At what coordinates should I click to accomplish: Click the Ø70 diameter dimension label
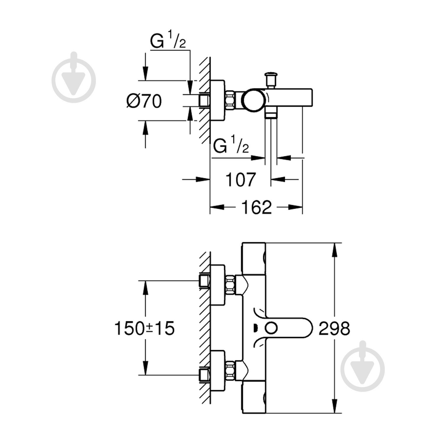click(x=144, y=101)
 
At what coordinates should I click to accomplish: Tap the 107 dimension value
click(x=240, y=179)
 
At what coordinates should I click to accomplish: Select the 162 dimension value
click(x=256, y=207)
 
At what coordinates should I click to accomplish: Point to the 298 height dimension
click(x=334, y=328)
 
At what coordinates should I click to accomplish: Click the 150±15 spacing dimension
click(x=144, y=328)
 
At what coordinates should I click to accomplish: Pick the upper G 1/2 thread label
click(x=168, y=41)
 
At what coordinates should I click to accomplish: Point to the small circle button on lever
click(x=271, y=328)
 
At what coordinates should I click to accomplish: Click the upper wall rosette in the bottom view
click(x=218, y=284)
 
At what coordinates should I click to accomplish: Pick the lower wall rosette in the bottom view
click(x=218, y=369)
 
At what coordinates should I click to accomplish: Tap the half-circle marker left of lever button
click(x=255, y=328)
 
